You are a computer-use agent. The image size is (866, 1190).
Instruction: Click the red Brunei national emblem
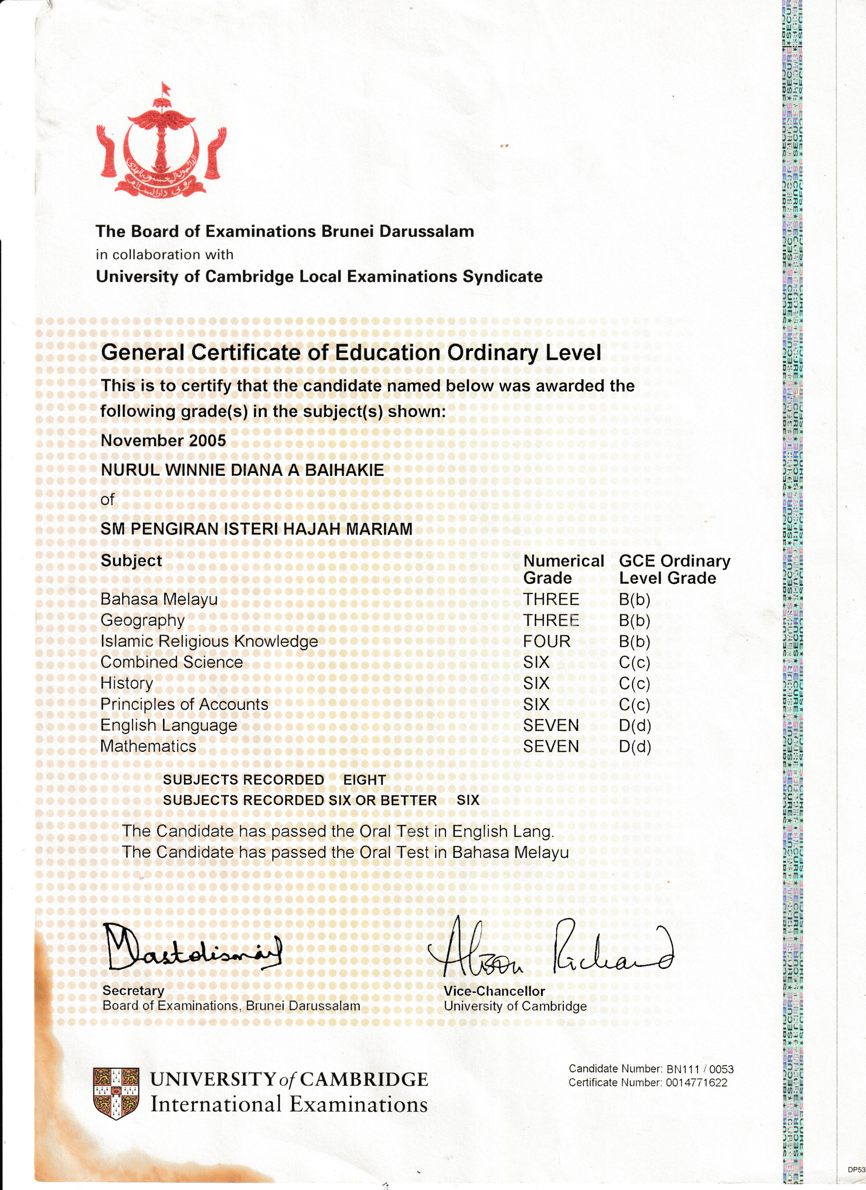tap(161, 142)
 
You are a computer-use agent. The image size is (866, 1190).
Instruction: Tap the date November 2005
tap(163, 440)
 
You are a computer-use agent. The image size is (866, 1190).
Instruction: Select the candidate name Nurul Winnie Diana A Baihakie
tap(242, 470)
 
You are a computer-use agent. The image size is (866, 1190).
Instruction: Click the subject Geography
tap(143, 620)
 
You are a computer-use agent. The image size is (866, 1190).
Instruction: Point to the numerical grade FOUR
tap(546, 641)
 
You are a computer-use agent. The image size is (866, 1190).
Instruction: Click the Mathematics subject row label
tap(148, 746)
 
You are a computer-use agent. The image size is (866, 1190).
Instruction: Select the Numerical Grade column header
tap(563, 569)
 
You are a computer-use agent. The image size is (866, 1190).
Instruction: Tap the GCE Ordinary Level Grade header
tap(674, 569)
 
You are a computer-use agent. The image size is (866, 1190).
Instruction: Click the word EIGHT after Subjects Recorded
tap(364, 780)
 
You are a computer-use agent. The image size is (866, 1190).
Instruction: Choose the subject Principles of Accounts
tap(184, 704)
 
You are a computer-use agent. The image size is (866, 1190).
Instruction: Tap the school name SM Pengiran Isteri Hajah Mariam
tap(256, 529)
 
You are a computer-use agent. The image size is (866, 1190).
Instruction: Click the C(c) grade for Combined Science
tap(634, 662)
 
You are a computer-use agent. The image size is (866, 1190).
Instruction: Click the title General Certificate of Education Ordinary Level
tap(351, 353)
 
